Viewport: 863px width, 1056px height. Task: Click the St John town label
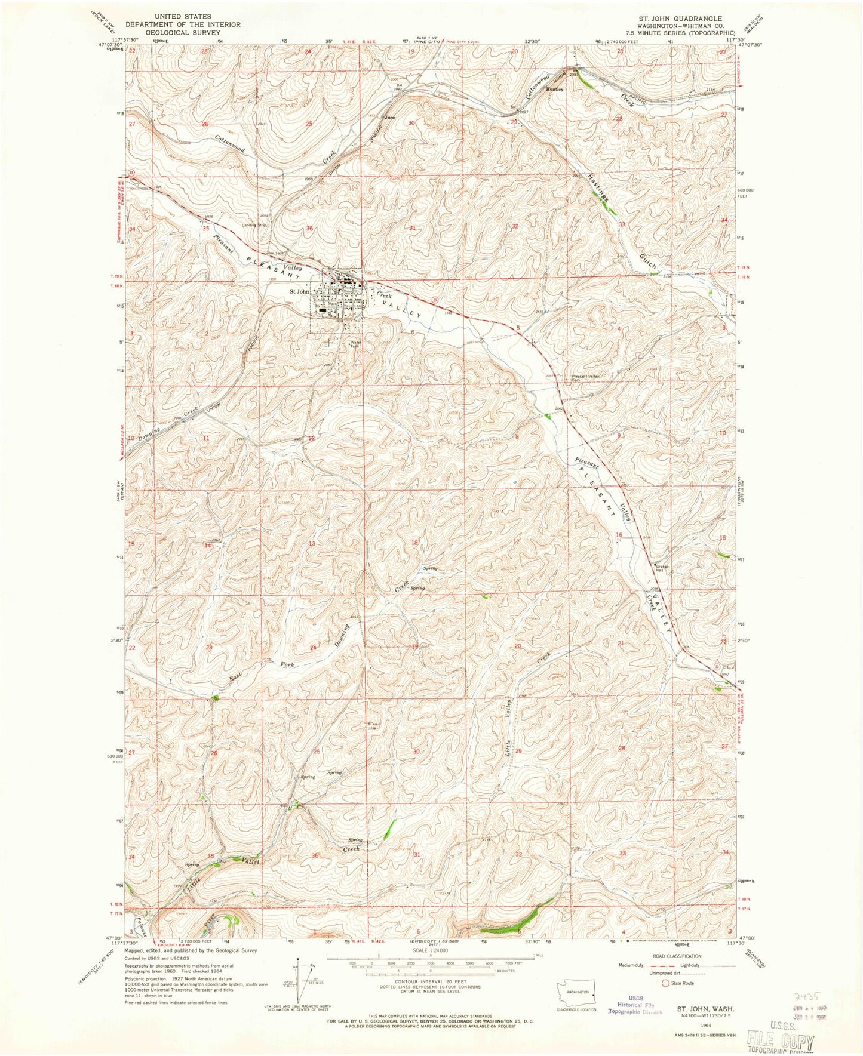point(299,292)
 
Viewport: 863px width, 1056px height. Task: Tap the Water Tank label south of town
point(355,344)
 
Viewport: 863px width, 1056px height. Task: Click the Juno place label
point(391,118)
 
